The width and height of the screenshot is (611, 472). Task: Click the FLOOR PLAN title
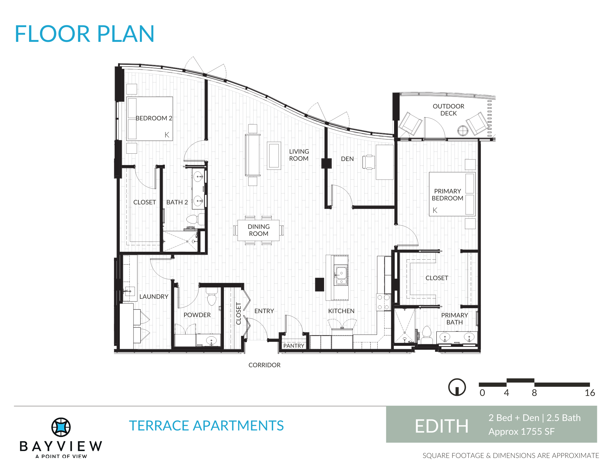point(85,34)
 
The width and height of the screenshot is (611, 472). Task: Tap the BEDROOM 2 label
point(154,118)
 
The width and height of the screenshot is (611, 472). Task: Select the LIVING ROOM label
point(299,155)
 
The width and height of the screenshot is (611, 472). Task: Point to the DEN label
point(347,159)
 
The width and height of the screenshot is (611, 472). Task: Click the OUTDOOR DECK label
point(448,110)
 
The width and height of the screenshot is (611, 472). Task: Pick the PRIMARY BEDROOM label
point(448,195)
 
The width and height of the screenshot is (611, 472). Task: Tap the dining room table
point(258,230)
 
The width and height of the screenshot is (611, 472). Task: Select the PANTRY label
point(294,346)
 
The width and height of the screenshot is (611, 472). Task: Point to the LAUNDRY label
point(154,297)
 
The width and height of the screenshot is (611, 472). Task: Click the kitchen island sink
point(341,276)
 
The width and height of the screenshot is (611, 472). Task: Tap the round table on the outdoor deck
point(463,131)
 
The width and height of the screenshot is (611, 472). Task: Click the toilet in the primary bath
point(426,335)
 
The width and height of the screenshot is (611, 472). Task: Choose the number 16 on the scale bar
point(590,393)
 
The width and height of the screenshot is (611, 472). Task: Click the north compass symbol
point(457,387)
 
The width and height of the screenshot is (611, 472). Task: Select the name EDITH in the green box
point(441,426)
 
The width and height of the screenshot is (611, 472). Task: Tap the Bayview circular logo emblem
point(61,427)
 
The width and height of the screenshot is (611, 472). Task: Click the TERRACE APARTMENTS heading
point(206,426)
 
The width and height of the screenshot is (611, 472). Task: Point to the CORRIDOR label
point(265,365)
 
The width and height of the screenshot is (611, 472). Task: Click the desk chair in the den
point(368,162)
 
